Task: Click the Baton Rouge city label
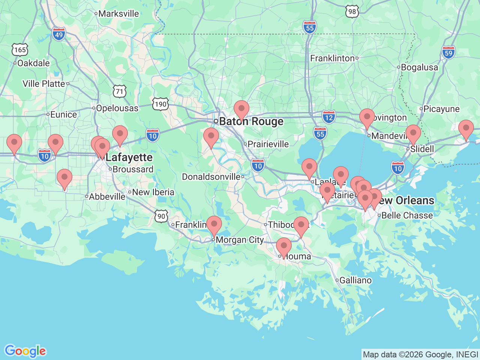(x=251, y=121)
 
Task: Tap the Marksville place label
(x=118, y=14)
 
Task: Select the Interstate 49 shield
(x=59, y=34)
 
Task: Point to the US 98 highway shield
(x=352, y=12)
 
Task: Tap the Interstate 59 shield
(x=448, y=52)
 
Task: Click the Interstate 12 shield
(x=329, y=117)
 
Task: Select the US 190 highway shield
(x=160, y=104)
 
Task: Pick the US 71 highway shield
(x=119, y=91)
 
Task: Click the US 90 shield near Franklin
(x=161, y=216)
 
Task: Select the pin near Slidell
(x=413, y=133)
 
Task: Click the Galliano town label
(x=355, y=280)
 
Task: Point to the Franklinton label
(x=332, y=58)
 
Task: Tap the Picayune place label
(x=441, y=109)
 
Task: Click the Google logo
(x=25, y=351)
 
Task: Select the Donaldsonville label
(x=211, y=177)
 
